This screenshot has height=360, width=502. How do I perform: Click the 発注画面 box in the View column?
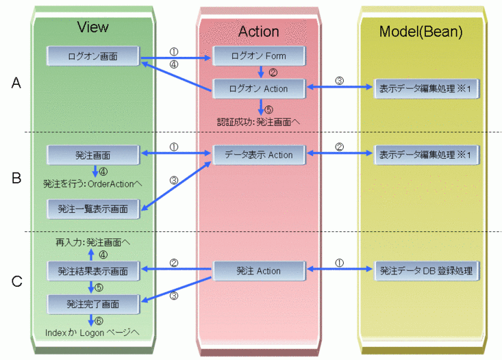(x=93, y=155)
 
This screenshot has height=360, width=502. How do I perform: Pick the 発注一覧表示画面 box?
(x=93, y=208)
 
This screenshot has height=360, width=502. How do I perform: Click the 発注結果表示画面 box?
(x=93, y=271)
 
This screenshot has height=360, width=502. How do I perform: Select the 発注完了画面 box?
(x=93, y=302)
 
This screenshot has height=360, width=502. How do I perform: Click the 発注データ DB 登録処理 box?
(x=426, y=271)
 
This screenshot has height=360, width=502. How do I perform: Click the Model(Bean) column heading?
(x=421, y=31)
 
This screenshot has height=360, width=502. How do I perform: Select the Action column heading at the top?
(x=258, y=31)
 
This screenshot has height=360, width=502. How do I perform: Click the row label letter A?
(x=17, y=83)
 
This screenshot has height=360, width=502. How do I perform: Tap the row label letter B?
(x=17, y=179)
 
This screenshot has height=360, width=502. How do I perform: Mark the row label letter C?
(x=17, y=279)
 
